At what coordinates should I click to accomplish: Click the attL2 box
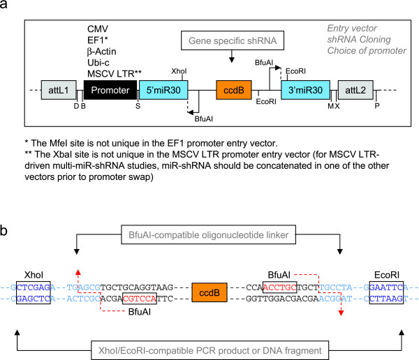click(x=355, y=91)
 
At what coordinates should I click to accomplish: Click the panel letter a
click(x=6, y=6)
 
